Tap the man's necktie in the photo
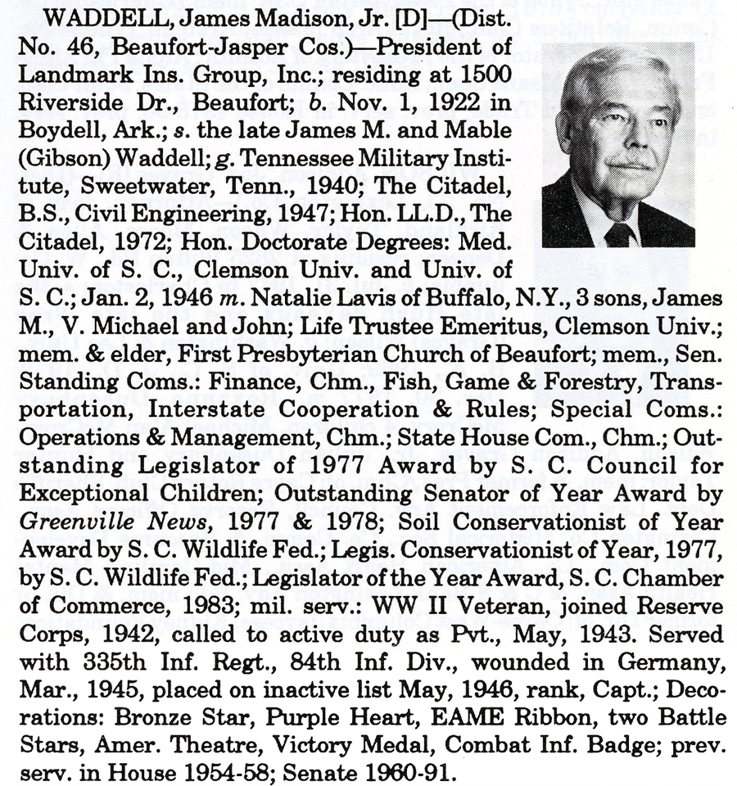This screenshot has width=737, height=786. [x=619, y=234]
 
